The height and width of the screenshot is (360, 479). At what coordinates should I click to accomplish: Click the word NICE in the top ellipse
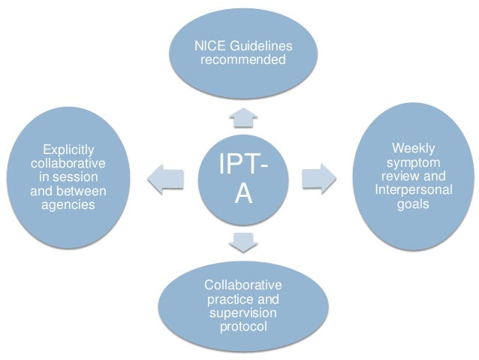coord(207,47)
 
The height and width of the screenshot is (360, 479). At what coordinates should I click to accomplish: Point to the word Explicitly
coord(68,150)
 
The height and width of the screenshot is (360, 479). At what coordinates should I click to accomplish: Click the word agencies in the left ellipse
coord(68,204)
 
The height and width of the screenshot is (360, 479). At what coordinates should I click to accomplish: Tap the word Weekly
coord(413,148)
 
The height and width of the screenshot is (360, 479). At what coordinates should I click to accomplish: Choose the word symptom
coord(413,162)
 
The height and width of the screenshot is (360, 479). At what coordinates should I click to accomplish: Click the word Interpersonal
coord(413,189)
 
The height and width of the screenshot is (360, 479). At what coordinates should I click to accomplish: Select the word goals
coord(413,203)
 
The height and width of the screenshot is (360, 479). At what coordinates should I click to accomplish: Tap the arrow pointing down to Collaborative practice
coord(242,242)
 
